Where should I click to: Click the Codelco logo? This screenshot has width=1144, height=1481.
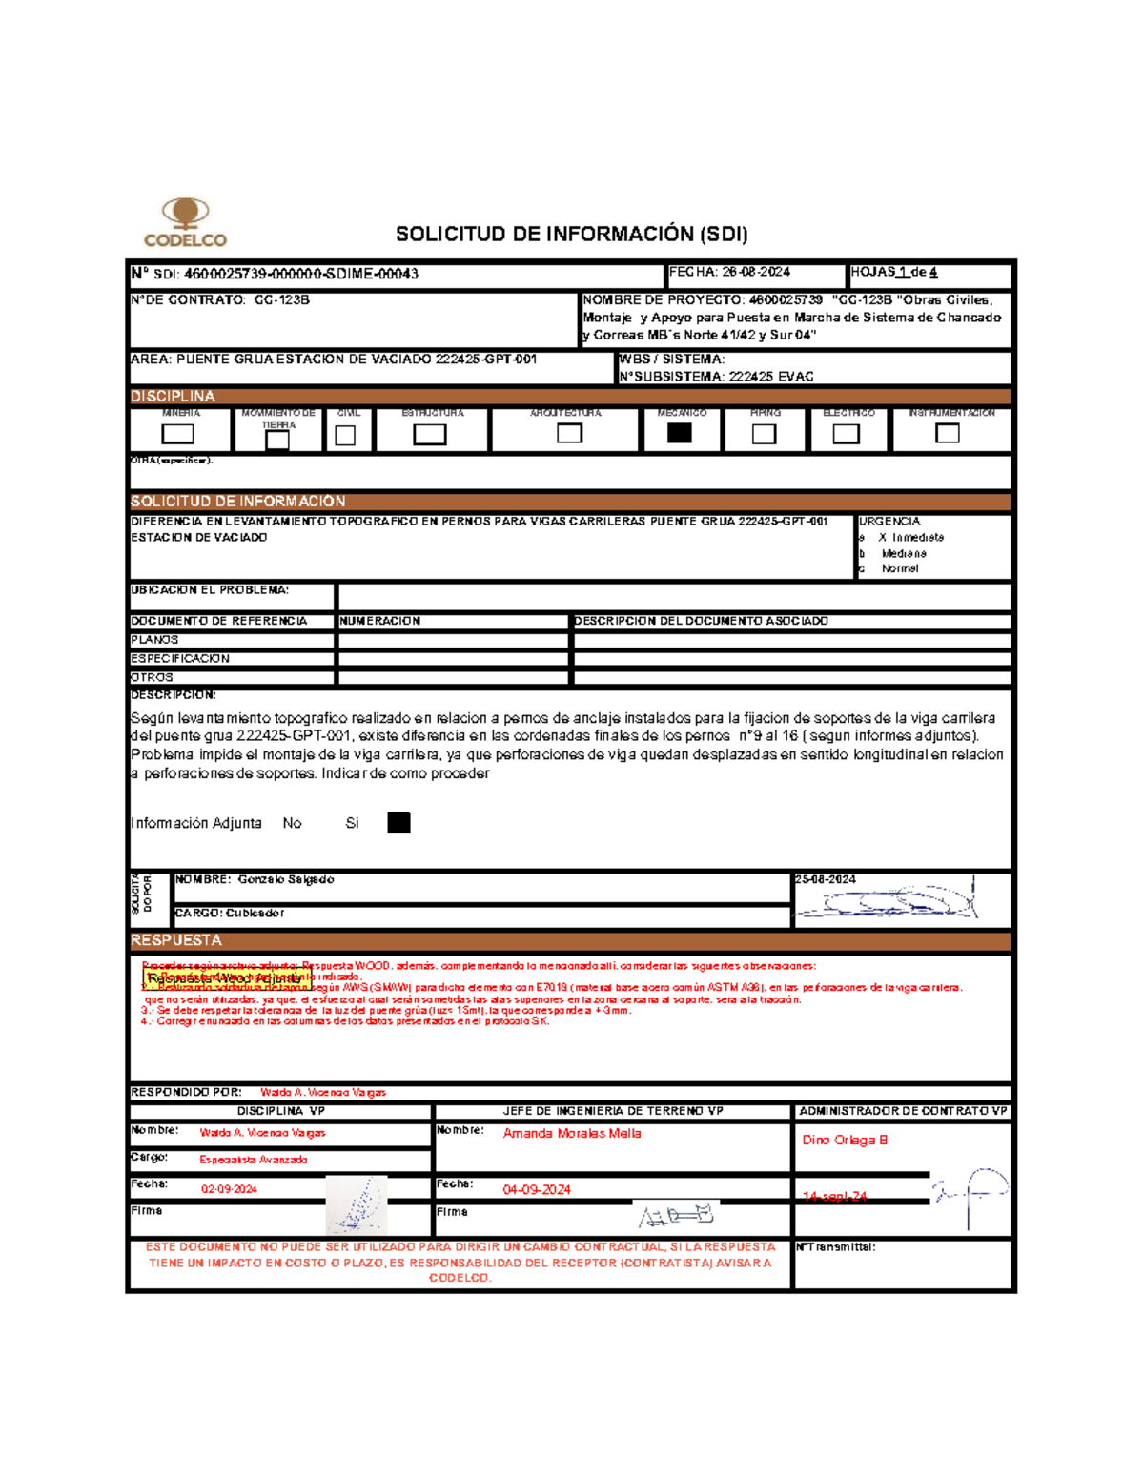185,222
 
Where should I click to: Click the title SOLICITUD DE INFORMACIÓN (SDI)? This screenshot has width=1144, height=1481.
571,235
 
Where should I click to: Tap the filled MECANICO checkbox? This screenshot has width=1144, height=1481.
680,433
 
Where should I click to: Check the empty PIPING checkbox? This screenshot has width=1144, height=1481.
764,434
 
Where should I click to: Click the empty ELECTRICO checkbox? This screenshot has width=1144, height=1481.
846,434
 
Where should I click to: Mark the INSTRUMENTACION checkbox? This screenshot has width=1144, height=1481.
947,433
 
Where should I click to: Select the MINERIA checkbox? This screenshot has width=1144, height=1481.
177,434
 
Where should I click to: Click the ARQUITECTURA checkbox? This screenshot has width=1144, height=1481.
569,433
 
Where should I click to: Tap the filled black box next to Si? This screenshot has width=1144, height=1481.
398,823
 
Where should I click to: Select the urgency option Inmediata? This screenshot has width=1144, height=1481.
917,538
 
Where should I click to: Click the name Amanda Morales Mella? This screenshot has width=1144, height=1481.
572,1134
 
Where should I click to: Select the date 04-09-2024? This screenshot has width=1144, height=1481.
537,1189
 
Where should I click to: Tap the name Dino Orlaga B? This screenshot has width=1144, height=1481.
845,1141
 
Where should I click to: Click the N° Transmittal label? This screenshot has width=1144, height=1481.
836,1247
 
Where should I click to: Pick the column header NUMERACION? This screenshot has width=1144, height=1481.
380,621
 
